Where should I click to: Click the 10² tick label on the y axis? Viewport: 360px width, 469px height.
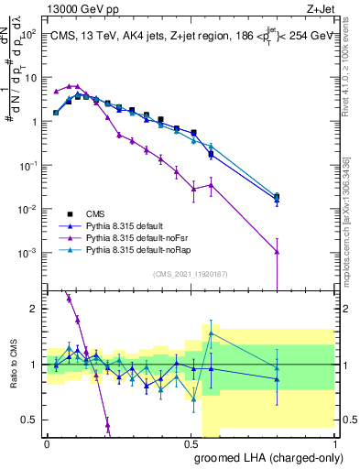pos(27,34)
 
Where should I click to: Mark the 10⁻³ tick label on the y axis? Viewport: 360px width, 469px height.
pos(27,253)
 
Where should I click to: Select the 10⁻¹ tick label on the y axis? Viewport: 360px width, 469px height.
pos(27,165)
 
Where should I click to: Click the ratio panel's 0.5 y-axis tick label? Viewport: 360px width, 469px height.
pos(31,420)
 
